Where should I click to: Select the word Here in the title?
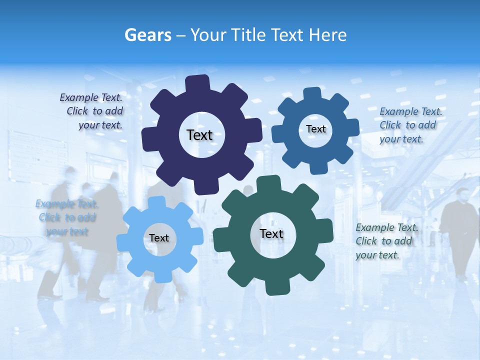[328, 35]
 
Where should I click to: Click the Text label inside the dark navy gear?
[199, 135]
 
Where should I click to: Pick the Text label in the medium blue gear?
[315, 129]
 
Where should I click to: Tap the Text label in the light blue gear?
[158, 238]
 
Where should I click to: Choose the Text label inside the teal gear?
[271, 234]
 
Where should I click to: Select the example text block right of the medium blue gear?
[410, 125]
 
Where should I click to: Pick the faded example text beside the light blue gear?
[66, 217]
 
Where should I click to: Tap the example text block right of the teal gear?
[386, 241]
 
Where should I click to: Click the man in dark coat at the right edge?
[459, 225]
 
